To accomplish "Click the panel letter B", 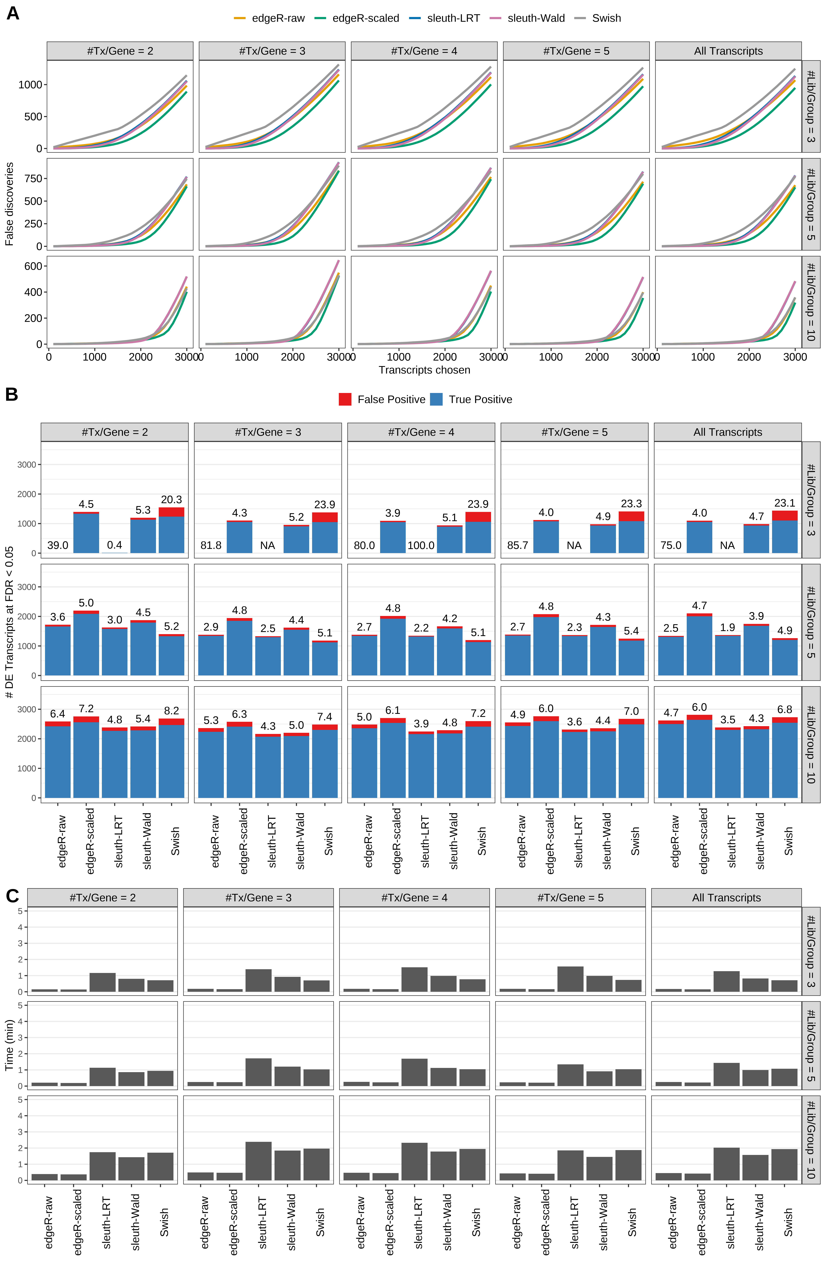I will point(12,395).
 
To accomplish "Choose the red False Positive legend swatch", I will point(345,399).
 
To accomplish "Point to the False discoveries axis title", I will point(9,204).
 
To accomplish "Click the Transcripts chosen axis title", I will point(424,370).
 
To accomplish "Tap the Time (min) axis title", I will point(9,1045).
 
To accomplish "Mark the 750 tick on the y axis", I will point(33,178).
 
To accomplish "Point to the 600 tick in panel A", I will point(33,266).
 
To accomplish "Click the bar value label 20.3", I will point(172,500).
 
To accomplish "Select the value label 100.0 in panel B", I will point(421,545).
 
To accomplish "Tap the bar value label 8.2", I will point(172,711).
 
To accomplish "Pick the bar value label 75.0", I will point(671,545).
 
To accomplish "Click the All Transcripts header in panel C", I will point(726,898).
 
